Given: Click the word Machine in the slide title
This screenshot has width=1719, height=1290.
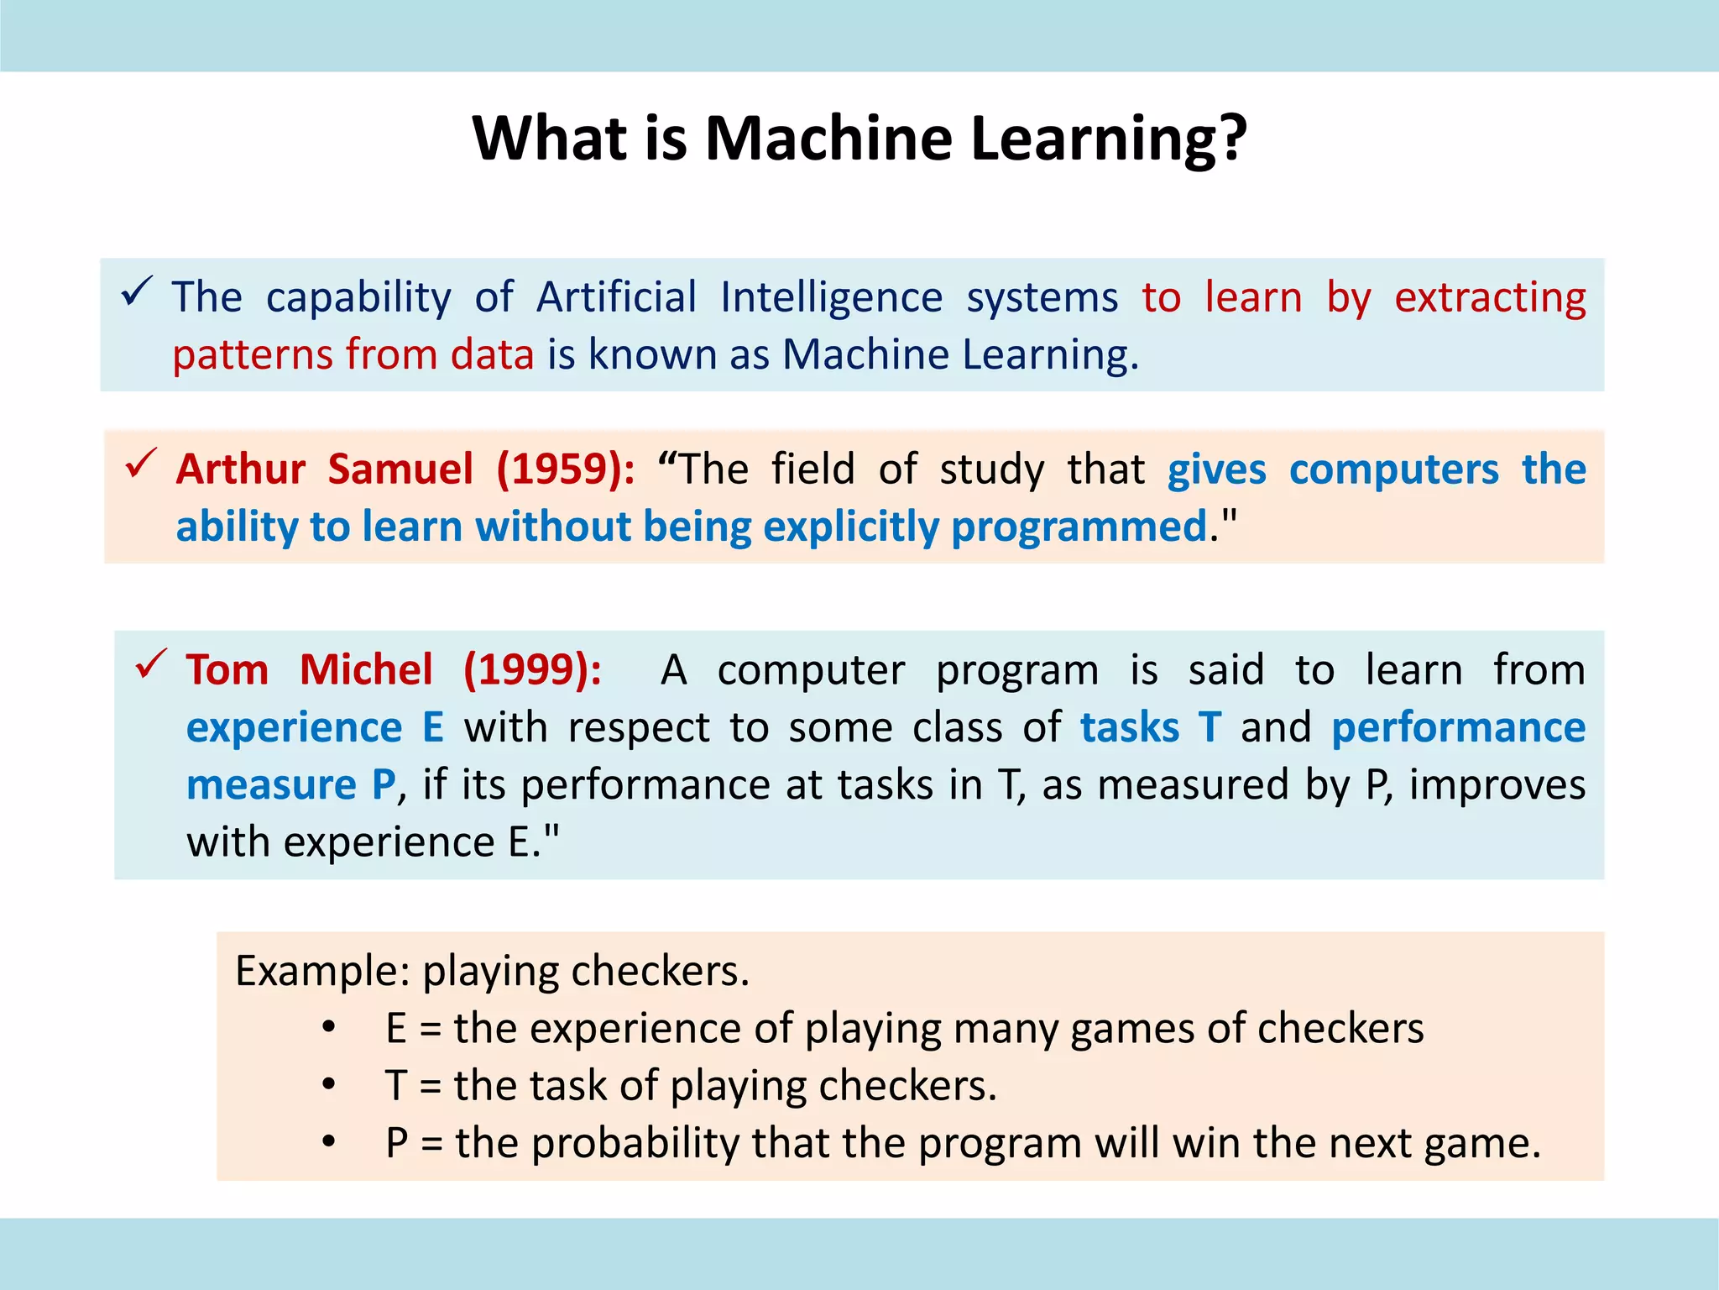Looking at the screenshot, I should pyautogui.click(x=828, y=138).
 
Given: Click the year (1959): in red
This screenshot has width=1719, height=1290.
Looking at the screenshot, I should pyautogui.click(x=566, y=469).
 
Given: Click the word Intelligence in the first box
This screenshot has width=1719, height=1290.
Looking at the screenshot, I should pyautogui.click(x=831, y=297).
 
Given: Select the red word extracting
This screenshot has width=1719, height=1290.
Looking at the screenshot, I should pyautogui.click(x=1490, y=297).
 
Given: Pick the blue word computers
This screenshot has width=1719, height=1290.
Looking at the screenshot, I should pyautogui.click(x=1393, y=469).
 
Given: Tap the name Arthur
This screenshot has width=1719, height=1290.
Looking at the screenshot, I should pyautogui.click(x=241, y=469).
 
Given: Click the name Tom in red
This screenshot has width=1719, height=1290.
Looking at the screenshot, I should pyautogui.click(x=227, y=669).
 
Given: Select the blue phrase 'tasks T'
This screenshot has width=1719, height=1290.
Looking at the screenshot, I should pyautogui.click(x=1150, y=726).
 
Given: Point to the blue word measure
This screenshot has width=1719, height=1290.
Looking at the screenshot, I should pyautogui.click(x=271, y=784).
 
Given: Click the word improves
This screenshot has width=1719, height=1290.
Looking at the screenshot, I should pyautogui.click(x=1497, y=784).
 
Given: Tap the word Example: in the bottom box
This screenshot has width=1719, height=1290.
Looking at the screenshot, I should pyautogui.click(x=322, y=971).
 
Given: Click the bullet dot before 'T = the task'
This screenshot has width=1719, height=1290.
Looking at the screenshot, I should pyautogui.click(x=329, y=1084).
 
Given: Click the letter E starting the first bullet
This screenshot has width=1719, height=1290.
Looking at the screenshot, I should pyautogui.click(x=396, y=1028).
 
